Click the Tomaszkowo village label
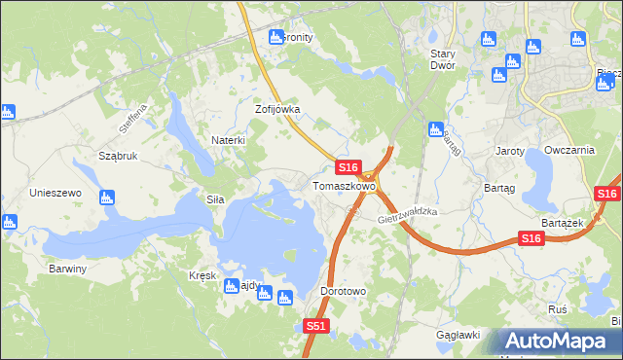pos(344,185)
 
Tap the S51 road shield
pos(314,327)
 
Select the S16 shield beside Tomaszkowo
pos(350,167)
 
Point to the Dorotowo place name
pos(343,291)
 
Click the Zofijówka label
pos(277,110)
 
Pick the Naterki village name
pos(229,140)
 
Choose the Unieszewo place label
pos(55,193)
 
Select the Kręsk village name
pos(202,275)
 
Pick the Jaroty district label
pos(510,152)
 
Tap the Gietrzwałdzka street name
pos(409,216)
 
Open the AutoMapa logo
pos(558,341)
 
